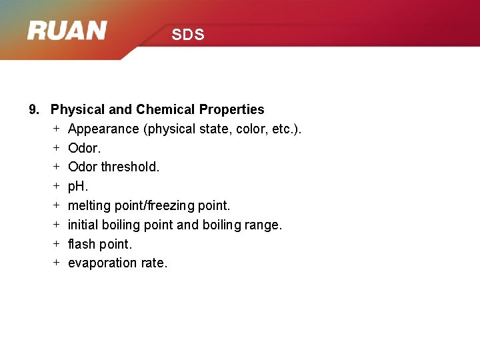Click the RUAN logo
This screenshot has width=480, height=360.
pyautogui.click(x=67, y=31)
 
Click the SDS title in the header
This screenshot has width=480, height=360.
pyautogui.click(x=187, y=35)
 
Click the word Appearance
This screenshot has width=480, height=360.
pyautogui.click(x=103, y=129)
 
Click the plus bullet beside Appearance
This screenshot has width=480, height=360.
pyautogui.click(x=57, y=128)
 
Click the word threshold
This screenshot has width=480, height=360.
pyautogui.click(x=130, y=167)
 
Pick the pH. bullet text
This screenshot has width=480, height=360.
pyautogui.click(x=78, y=187)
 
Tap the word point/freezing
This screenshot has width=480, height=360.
pyautogui.click(x=163, y=206)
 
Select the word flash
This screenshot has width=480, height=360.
pyautogui.click(x=82, y=244)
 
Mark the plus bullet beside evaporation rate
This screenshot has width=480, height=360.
pyautogui.click(x=57, y=263)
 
